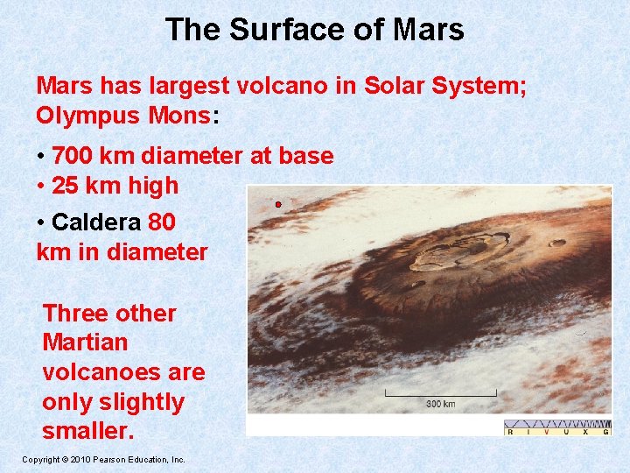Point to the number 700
(73, 156)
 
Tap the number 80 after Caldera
(162, 222)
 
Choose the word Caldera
(97, 222)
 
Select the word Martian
(85, 342)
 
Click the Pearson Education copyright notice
(103, 459)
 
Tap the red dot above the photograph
(277, 204)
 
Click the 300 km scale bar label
(440, 404)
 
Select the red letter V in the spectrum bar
(546, 431)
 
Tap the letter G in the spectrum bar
(605, 431)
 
